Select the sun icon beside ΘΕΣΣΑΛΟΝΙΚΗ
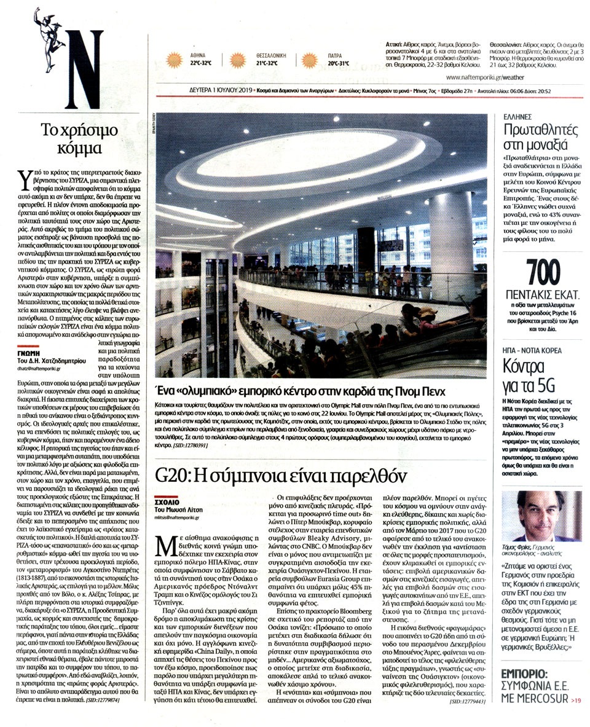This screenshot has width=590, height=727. tap(238, 60)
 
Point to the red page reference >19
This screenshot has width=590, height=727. tap(575, 699)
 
